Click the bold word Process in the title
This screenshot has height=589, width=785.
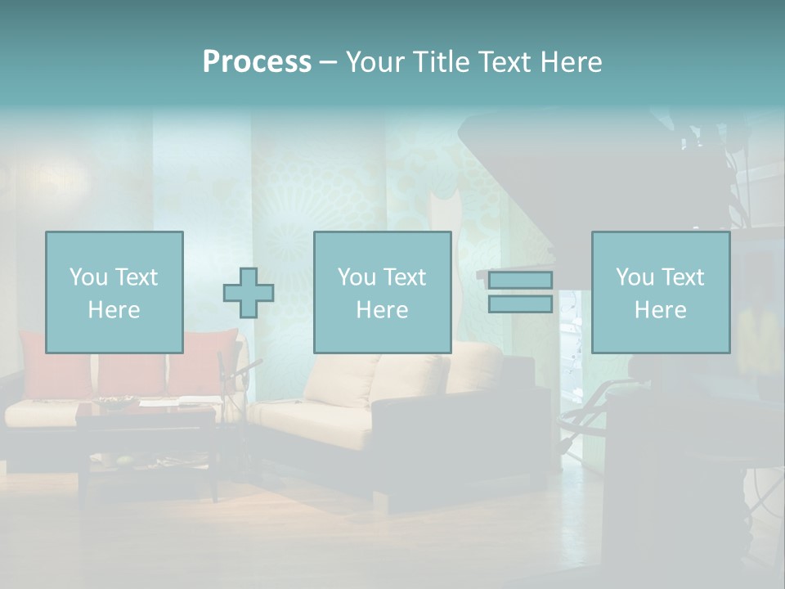click(x=257, y=62)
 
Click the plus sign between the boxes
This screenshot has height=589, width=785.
click(x=249, y=292)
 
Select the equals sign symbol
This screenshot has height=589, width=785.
click(x=520, y=292)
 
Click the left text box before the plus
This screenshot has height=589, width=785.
click(x=114, y=292)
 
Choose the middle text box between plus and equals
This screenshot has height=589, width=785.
click(x=382, y=292)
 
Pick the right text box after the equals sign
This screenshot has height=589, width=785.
click(x=660, y=292)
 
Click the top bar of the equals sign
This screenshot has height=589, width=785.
click(x=520, y=281)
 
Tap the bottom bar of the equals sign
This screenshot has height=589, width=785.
click(x=520, y=304)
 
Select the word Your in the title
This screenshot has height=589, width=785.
click(x=375, y=62)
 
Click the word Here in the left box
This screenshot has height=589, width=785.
click(x=114, y=310)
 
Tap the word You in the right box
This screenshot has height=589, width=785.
click(x=635, y=277)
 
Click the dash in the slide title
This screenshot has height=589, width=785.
click(x=328, y=62)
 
